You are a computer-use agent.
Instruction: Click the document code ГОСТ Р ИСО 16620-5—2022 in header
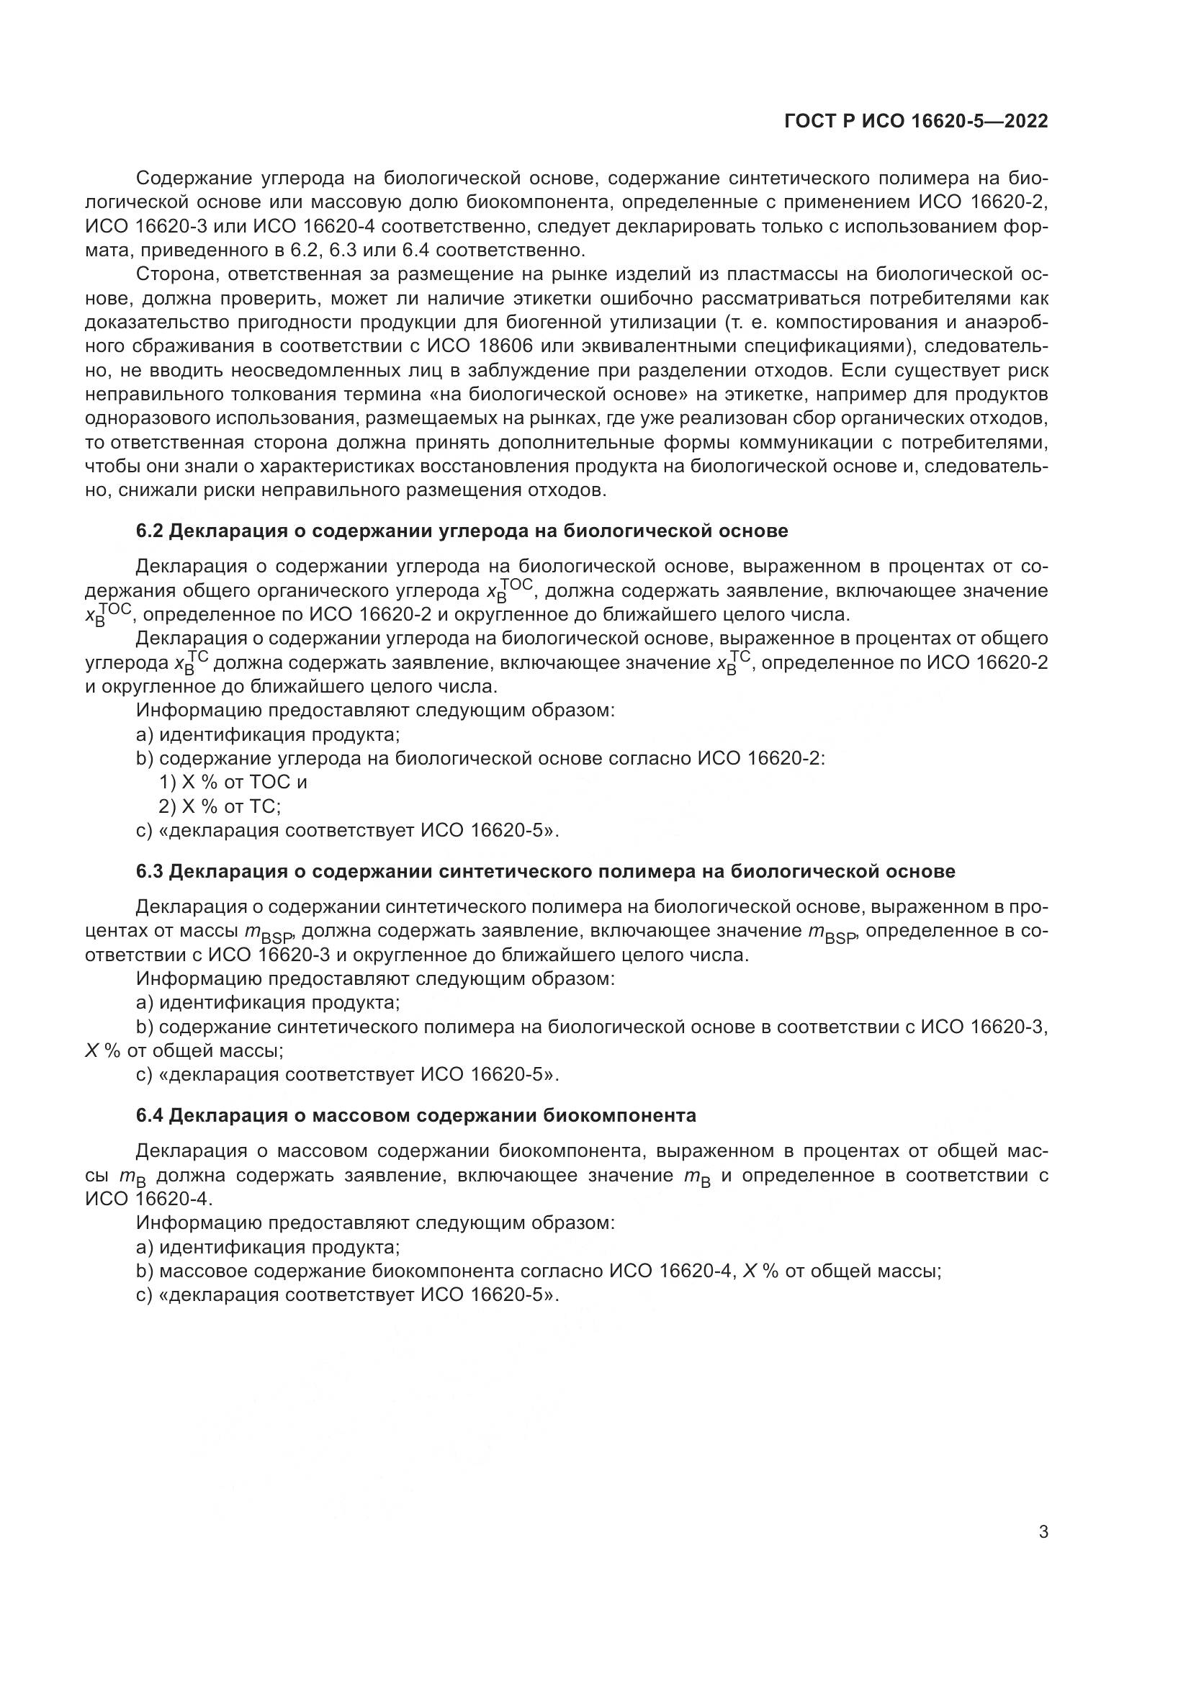point(915,122)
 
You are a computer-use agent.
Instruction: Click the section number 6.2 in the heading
point(150,531)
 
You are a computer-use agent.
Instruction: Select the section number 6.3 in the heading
point(150,871)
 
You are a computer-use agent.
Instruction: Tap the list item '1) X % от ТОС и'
point(233,783)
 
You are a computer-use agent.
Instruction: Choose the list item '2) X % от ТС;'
point(220,807)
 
